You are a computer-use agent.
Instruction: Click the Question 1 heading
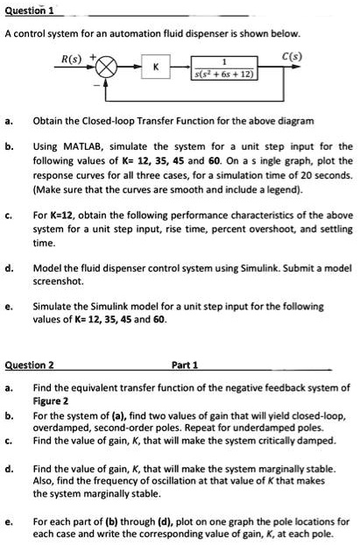29,11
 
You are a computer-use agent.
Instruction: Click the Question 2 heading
29,365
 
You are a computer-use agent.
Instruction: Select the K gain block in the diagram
155,67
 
